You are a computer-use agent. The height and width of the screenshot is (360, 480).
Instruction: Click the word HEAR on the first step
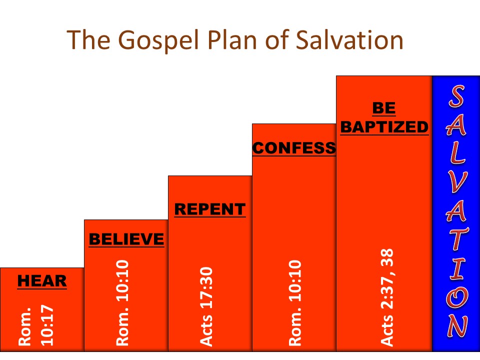coord(42,281)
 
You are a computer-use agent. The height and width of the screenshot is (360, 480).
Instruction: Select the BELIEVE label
coord(126,239)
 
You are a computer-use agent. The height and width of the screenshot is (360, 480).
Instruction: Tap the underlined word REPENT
coord(210,209)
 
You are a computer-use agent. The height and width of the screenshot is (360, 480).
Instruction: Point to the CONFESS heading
coord(294,148)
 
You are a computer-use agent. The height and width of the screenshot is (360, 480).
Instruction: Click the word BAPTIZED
coord(384,127)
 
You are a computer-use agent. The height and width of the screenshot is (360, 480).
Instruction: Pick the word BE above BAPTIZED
coord(384,108)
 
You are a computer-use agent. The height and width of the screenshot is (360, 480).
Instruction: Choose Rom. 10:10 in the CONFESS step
coord(295,302)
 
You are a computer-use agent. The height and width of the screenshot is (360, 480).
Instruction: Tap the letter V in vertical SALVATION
coord(456,186)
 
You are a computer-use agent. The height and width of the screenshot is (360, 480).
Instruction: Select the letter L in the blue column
coord(456,156)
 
